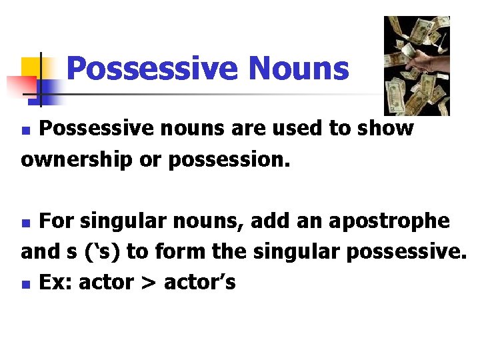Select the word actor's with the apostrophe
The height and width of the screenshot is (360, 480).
pos(199,283)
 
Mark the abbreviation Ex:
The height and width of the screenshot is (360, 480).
pos(56,283)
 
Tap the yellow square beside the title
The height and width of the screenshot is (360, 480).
pos(31,67)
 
